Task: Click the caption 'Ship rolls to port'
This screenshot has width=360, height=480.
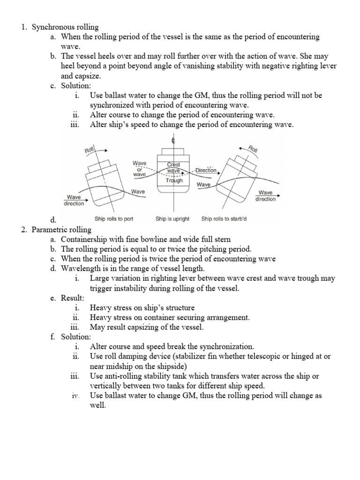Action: tap(114, 218)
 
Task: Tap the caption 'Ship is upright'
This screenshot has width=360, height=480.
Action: tap(172, 218)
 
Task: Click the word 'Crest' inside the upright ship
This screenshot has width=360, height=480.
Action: tap(174, 165)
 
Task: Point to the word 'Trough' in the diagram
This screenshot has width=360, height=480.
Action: tap(174, 180)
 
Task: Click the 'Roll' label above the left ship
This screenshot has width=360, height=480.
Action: tap(89, 150)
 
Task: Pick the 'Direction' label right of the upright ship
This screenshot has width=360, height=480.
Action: tap(206, 170)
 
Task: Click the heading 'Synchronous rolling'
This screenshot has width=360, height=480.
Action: tap(65, 28)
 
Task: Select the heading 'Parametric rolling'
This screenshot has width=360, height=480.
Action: tap(62, 230)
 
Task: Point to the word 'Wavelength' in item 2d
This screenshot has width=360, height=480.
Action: tap(82, 269)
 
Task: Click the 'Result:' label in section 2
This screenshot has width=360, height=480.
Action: tap(74, 298)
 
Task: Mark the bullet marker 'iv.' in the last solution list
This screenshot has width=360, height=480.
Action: tap(75, 396)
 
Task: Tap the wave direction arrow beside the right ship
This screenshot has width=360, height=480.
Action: tap(265, 188)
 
